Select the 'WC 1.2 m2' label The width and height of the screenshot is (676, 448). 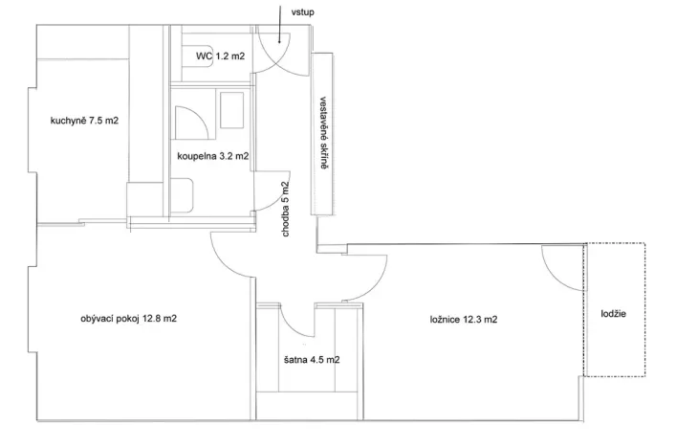tap(220, 57)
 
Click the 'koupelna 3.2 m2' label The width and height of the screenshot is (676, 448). tap(212, 155)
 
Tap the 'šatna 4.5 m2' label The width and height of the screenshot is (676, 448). tap(313, 361)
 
